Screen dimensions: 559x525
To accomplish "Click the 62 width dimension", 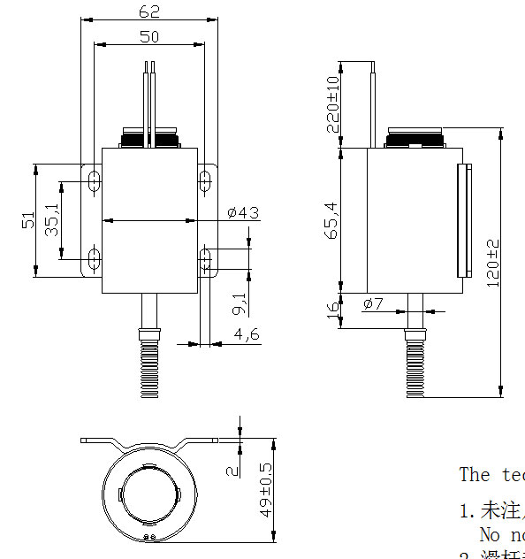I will pyautogui.click(x=150, y=11).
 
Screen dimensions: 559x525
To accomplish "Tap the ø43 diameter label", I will pyautogui.click(x=242, y=213).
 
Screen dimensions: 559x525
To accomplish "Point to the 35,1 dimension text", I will pyautogui.click(x=52, y=220).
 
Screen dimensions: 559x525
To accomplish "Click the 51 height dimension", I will pyautogui.click(x=27, y=220).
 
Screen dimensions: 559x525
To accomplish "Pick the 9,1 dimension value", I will pyautogui.click(x=240, y=304).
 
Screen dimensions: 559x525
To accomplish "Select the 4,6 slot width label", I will pyautogui.click(x=246, y=333).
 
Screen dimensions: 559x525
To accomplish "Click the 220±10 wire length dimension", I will pyautogui.click(x=332, y=104).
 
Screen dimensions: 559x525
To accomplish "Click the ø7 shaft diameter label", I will pyautogui.click(x=372, y=304).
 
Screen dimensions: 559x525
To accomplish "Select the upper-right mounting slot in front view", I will pyautogui.click(x=205, y=180).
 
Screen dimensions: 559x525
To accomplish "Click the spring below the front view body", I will pyautogui.click(x=148, y=364).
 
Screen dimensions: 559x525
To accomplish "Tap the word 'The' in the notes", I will pyautogui.click(x=474, y=474).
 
